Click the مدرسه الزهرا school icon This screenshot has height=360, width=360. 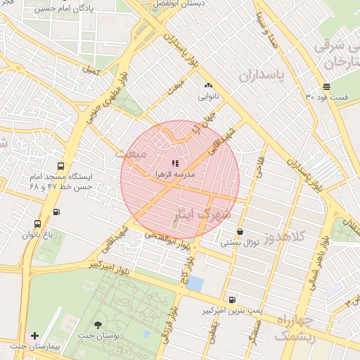pyautogui.click(x=175, y=163)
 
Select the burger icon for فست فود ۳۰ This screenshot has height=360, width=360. pyautogui.click(x=326, y=86)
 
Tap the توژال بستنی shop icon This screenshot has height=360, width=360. pyautogui.click(x=240, y=231)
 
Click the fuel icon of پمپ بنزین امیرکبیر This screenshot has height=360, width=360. pyautogui.click(x=232, y=299)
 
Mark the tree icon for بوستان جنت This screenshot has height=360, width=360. pyautogui.click(x=98, y=326)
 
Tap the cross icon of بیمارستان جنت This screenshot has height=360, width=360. pyautogui.click(x=35, y=336)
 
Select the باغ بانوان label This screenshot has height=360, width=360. pyautogui.click(x=42, y=233)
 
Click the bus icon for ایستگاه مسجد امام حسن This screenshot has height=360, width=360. pyautogui.click(x=60, y=167)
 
